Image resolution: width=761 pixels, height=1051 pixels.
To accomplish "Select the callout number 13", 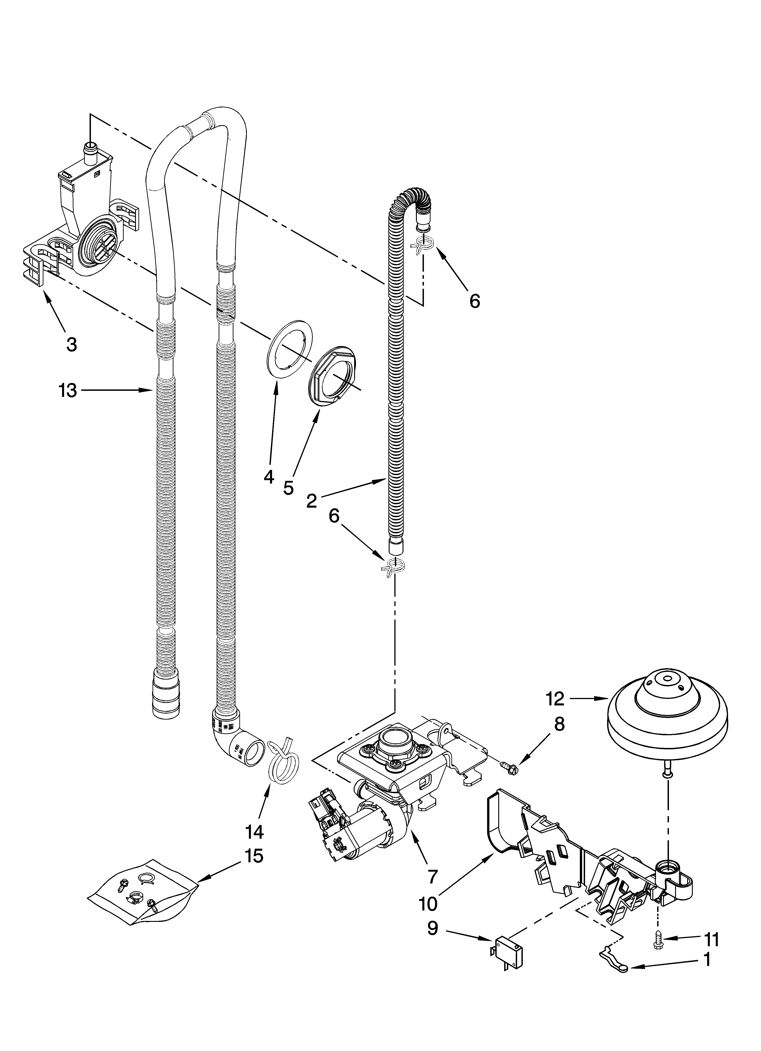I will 68,391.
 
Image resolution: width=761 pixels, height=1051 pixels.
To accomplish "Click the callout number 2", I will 311,500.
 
